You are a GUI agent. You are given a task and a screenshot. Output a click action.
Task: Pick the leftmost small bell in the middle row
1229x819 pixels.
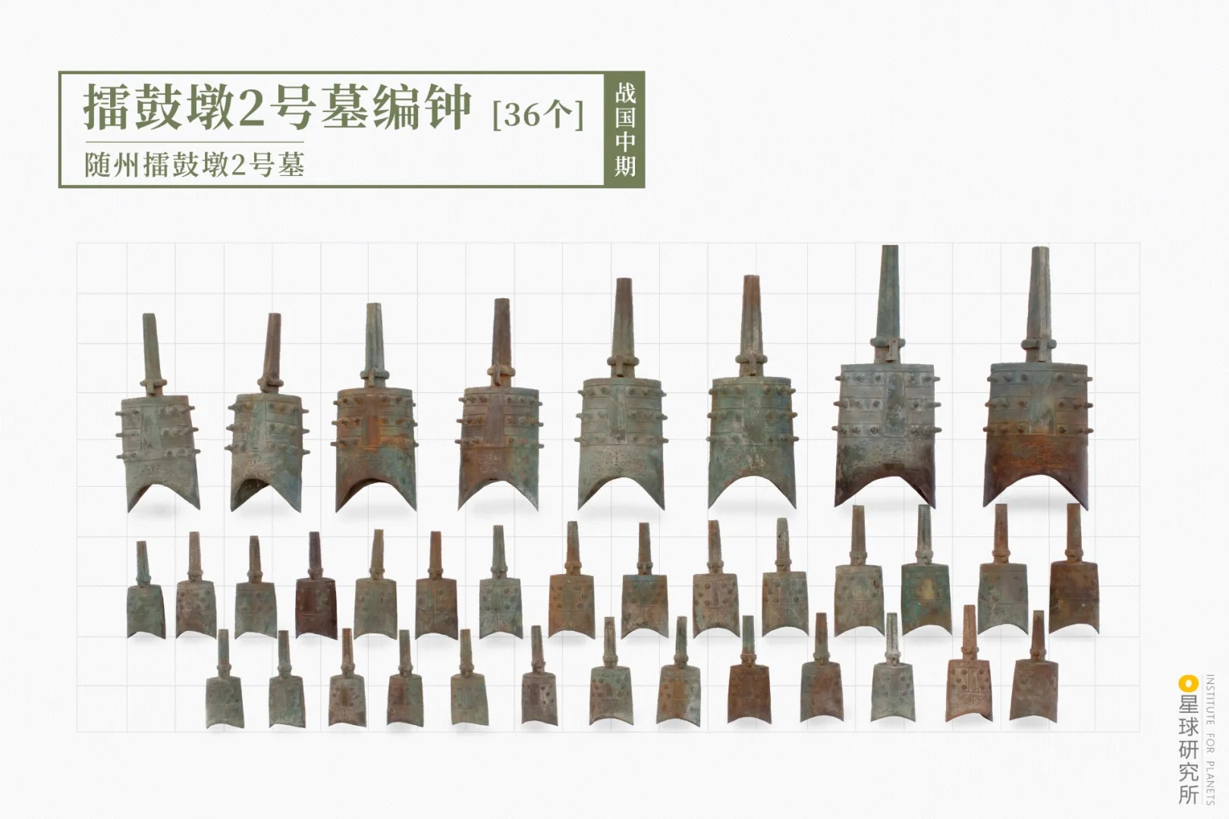[145, 603]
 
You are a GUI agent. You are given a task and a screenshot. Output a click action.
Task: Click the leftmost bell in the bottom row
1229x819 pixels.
[225, 694]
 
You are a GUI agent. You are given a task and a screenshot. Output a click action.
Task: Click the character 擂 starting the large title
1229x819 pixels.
[107, 108]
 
